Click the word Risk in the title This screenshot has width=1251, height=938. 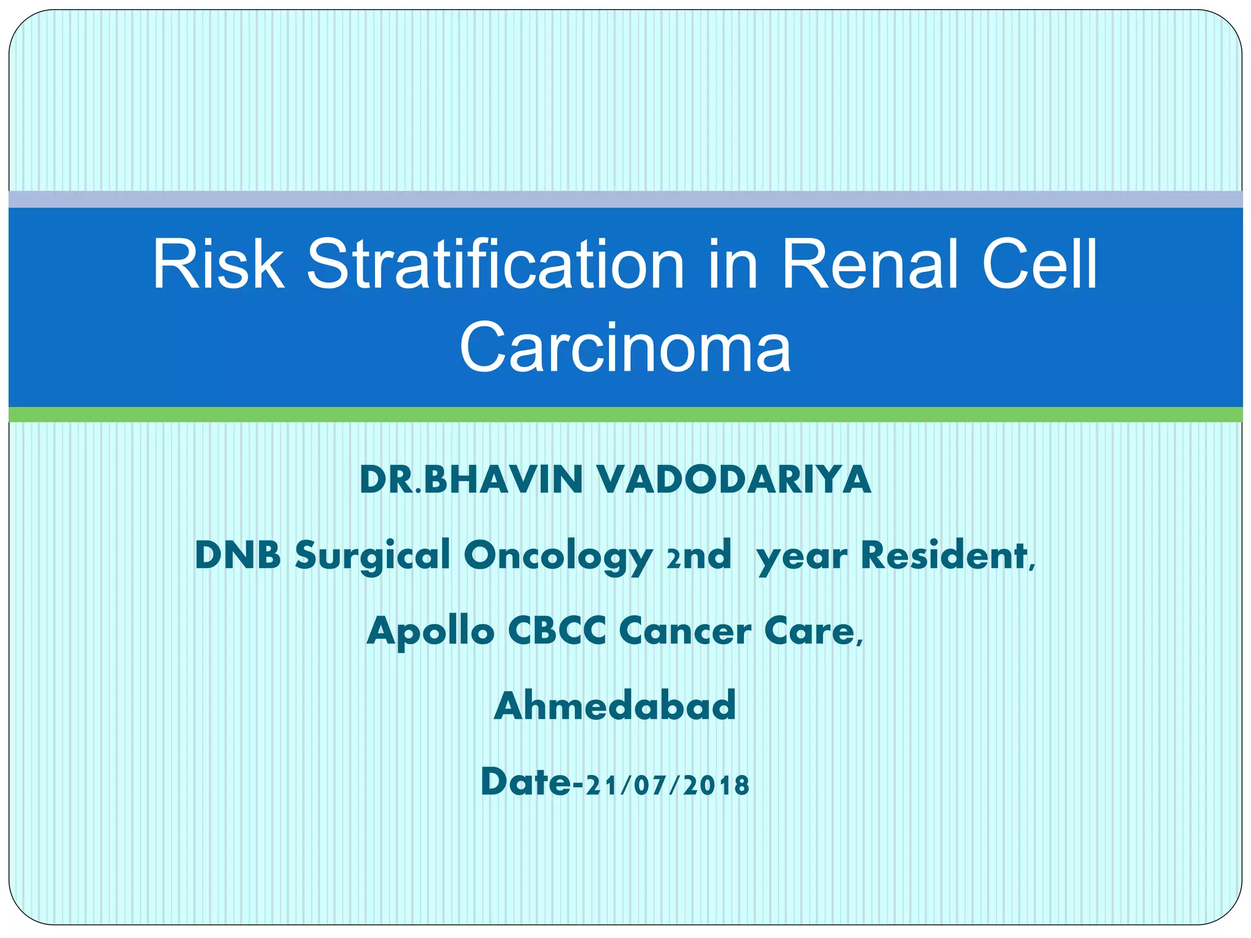click(218, 264)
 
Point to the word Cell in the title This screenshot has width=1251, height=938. click(1039, 264)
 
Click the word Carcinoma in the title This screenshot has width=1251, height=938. click(625, 347)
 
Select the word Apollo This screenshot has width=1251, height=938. click(430, 631)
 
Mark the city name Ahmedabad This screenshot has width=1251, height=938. click(615, 706)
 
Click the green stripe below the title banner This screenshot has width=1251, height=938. click(625, 415)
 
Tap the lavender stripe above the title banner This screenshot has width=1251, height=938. click(625, 199)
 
